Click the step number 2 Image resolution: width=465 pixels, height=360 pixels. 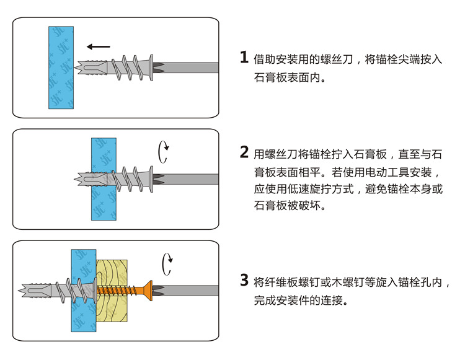point(244,152)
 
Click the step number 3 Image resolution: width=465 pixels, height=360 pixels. point(244,281)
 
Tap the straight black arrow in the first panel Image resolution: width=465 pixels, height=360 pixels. point(99,46)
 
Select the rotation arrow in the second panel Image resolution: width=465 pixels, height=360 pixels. point(164,151)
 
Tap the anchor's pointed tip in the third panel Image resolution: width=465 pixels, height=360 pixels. point(24,290)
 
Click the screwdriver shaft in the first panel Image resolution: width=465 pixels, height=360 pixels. point(192,67)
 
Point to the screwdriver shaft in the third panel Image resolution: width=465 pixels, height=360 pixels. point(192,290)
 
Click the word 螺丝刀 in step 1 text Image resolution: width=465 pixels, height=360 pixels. point(337,60)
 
